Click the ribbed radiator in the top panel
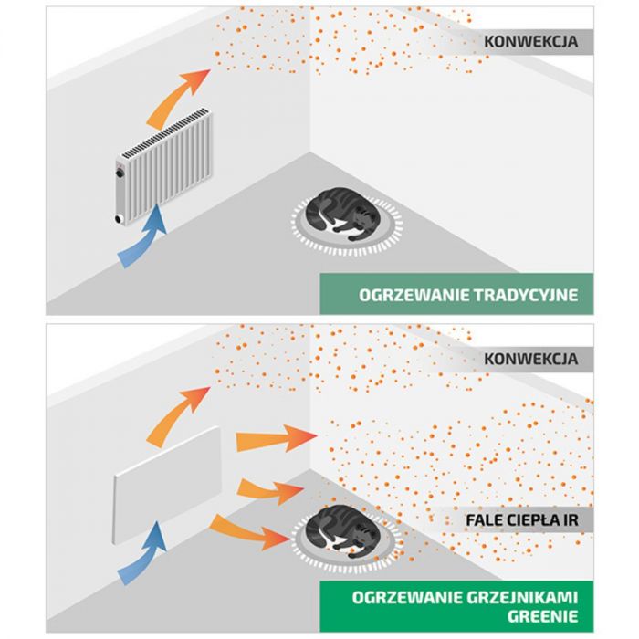pyautogui.click(x=164, y=164)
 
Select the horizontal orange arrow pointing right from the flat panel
pyautogui.click(x=274, y=440)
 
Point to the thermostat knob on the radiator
pyautogui.click(x=119, y=171)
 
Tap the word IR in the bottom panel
pyautogui.click(x=569, y=520)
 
